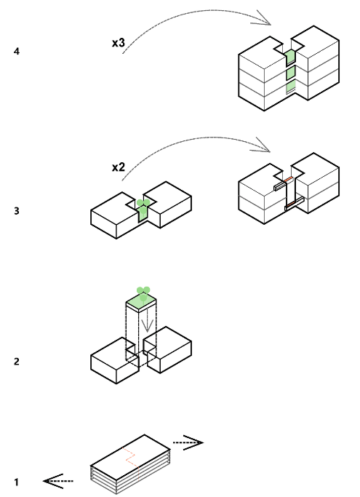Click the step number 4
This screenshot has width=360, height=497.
tap(17, 52)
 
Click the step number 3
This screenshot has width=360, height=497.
tap(17, 211)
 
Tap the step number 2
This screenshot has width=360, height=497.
tap(17, 362)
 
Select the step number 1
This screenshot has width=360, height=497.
tap(17, 482)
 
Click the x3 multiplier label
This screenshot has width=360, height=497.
tap(119, 43)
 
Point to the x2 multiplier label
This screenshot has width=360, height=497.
tap(119, 167)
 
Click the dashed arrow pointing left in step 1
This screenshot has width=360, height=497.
tap(58, 481)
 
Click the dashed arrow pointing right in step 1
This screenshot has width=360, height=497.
tap(188, 442)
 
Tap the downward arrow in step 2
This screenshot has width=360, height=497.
tap(147, 324)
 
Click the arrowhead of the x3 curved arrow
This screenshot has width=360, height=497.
tap(264, 18)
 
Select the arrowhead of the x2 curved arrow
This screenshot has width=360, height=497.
tap(263, 146)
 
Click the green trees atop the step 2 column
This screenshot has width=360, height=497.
tap(143, 293)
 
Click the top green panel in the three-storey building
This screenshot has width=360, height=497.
tap(290, 57)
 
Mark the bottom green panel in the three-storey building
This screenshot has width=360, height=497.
tap(291, 87)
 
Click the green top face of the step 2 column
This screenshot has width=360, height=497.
tap(141, 301)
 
